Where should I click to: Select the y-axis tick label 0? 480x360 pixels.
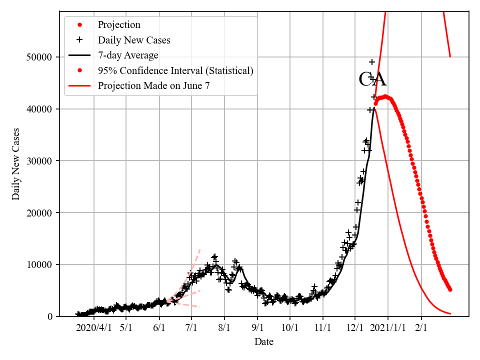(x=50, y=316)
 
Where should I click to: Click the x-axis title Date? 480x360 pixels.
(x=264, y=342)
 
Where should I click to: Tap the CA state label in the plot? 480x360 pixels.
(x=372, y=79)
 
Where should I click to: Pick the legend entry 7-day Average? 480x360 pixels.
(x=128, y=55)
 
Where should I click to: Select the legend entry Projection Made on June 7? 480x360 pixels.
(x=153, y=85)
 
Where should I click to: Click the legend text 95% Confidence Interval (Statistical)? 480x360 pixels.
(x=175, y=70)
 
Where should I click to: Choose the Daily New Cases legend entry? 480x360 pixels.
(x=134, y=40)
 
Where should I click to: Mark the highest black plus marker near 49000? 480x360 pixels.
(x=372, y=62)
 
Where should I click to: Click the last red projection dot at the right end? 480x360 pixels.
(x=450, y=289)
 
